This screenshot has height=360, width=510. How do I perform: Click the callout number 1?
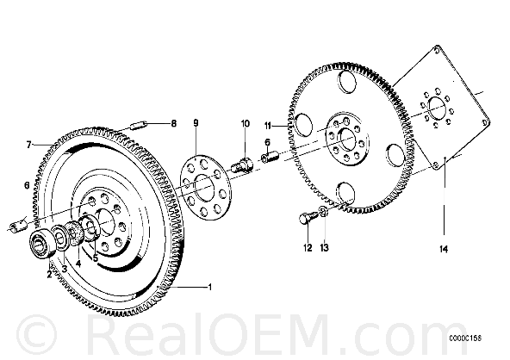[x=210, y=287]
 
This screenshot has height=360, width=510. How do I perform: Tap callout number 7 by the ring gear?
[x=29, y=145]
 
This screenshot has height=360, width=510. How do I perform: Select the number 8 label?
[x=174, y=123]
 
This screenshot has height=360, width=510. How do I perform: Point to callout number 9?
[x=196, y=123]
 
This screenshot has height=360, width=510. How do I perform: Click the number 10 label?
[x=246, y=123]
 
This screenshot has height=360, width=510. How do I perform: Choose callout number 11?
[x=268, y=126]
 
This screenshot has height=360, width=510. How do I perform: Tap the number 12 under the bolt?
[x=308, y=248]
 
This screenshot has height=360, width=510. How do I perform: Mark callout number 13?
[x=324, y=248]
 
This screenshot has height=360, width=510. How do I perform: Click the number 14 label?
[x=444, y=250]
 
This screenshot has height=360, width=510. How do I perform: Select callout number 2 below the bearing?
[x=49, y=275]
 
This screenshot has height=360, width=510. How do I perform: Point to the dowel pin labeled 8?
[x=140, y=125]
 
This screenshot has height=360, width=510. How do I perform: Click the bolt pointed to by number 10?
[x=241, y=164]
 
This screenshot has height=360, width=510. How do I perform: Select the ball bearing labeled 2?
[x=41, y=244]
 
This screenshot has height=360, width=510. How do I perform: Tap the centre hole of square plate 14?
[x=437, y=108]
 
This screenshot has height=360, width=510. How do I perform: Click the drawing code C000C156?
[x=465, y=338]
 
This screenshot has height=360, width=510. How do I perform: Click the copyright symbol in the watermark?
[x=37, y=335]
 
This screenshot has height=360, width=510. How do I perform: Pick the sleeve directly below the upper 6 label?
[x=270, y=156]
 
